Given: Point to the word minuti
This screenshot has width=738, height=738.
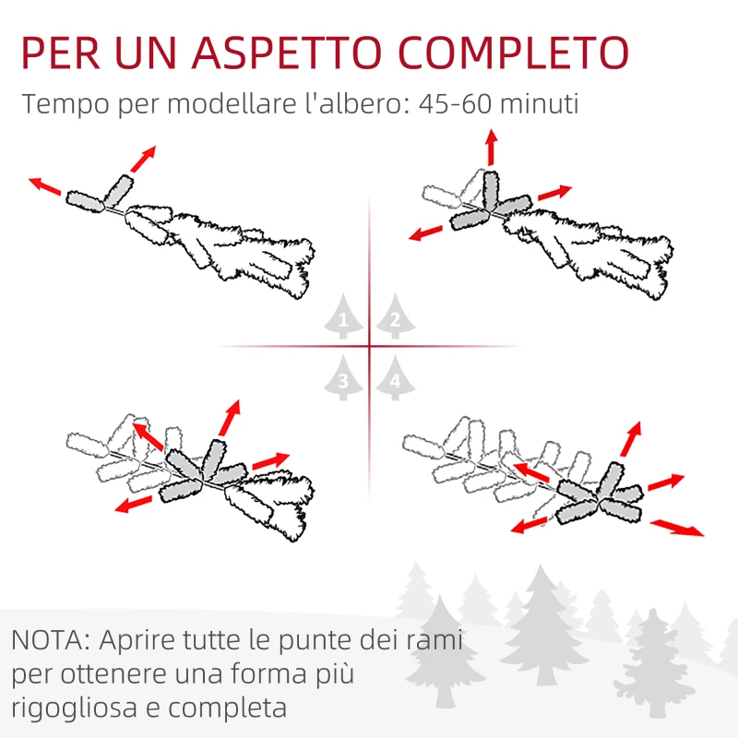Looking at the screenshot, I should point(542,103).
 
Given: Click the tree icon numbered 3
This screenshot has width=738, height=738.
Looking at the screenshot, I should point(343,378).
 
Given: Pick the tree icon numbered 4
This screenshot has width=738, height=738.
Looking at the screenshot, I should point(395,378).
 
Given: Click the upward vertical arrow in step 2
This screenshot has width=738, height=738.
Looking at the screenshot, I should point(491,148).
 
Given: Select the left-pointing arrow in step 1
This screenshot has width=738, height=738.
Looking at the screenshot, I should point(45,186).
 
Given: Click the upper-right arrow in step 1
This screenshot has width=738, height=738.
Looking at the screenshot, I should point(142,159).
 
